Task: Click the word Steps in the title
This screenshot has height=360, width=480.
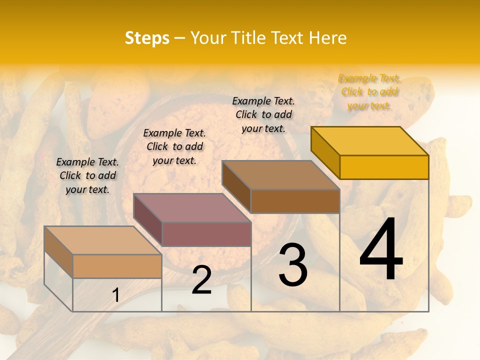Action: click(x=147, y=38)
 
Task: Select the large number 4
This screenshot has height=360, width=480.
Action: click(x=381, y=251)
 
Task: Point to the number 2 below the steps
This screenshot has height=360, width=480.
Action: click(x=201, y=280)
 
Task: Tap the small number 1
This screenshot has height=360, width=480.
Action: click(x=116, y=295)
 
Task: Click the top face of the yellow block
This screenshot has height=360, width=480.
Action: click(x=370, y=140)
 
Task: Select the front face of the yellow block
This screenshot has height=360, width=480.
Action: click(x=384, y=167)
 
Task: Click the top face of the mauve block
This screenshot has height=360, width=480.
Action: click(x=192, y=207)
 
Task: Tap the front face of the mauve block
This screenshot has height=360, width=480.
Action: click(x=206, y=234)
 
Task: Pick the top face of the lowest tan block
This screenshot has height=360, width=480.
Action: click(x=103, y=240)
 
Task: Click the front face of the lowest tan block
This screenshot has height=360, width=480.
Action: click(x=117, y=266)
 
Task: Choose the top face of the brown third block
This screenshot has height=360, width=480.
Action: click(x=281, y=175)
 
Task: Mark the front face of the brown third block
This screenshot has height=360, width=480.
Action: click(x=295, y=201)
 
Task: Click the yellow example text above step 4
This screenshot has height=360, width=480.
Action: click(x=369, y=92)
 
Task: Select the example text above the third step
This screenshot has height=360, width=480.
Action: click(x=263, y=114)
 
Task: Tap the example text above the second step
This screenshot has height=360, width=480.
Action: click(x=174, y=146)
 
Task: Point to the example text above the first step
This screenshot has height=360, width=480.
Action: click(x=87, y=175)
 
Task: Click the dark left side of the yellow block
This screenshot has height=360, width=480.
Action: click(x=325, y=152)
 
